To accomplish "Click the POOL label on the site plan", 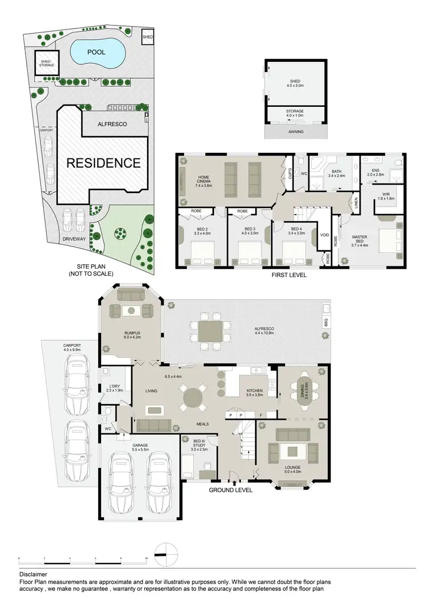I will click(x=97, y=52).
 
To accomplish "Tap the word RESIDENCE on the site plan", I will click(x=103, y=163).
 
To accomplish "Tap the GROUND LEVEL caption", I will click(x=231, y=490).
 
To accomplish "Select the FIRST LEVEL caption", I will click(x=289, y=275).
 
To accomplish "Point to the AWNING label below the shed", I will click(x=295, y=132).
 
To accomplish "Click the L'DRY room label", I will click(x=113, y=388).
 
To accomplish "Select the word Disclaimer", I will click(x=33, y=574).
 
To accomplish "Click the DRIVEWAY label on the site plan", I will click(x=74, y=239).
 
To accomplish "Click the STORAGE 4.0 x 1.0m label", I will click(x=295, y=113).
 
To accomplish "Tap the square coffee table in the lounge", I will click(x=292, y=451).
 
